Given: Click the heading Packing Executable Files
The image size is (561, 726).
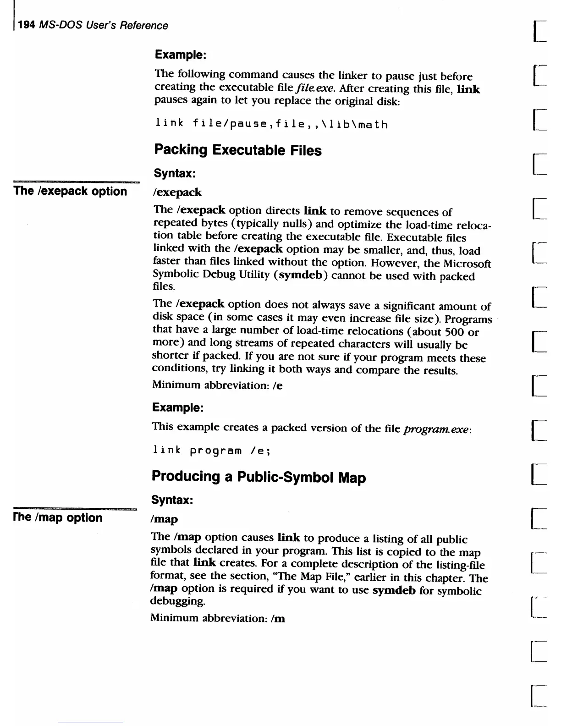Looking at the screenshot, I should tap(237, 150).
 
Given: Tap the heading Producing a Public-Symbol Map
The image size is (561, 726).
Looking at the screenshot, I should tap(258, 477).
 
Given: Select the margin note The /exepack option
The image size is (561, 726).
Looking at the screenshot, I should tap(70, 191).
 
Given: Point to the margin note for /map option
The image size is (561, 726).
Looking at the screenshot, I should tap(58, 517).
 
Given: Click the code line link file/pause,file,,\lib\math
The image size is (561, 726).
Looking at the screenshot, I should tap(271, 123).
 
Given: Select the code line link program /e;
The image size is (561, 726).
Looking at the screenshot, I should tap(211, 450).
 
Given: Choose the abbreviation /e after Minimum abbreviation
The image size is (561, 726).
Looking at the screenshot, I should tap(277, 385).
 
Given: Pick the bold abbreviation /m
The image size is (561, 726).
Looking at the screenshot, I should tap(278, 618).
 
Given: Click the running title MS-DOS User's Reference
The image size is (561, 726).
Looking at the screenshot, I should tap(104, 25).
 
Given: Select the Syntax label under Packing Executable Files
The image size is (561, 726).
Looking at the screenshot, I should tap(175, 173).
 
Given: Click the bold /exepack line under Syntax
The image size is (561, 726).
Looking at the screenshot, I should tap(177, 192).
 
